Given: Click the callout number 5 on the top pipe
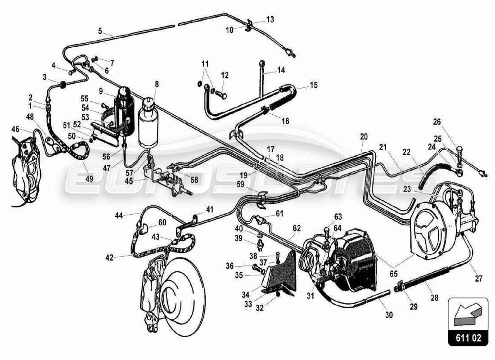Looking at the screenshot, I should tap(99, 31).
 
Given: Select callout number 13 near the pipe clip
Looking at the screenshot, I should tap(270, 19).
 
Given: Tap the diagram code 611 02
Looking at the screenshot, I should tap(468, 338).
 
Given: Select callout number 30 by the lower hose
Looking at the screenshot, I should tap(389, 315).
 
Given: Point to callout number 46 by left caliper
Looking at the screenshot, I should tap(15, 129).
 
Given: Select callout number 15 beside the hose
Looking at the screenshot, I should tap(313, 85).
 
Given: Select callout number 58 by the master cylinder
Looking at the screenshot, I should tap(194, 180).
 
